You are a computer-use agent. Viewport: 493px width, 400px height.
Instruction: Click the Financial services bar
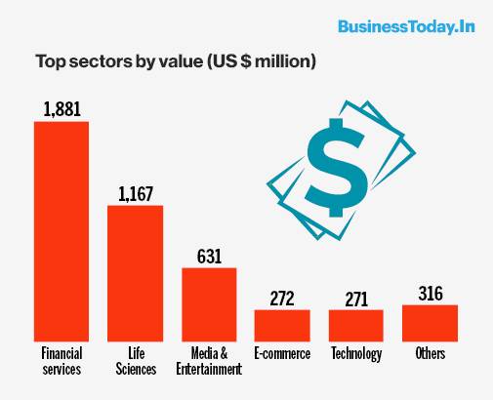pos(62,230)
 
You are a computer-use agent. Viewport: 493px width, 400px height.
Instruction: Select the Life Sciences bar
pos(135,272)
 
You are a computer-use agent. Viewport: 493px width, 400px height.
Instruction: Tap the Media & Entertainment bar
pos(209,303)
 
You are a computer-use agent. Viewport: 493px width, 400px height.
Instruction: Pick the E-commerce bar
pos(282,324)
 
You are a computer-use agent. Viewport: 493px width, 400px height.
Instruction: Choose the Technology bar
pos(355,324)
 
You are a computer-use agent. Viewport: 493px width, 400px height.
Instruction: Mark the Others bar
pos(430,322)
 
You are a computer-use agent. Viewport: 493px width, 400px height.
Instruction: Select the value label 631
pos(209,256)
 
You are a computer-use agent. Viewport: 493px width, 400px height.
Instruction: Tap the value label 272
pos(282,298)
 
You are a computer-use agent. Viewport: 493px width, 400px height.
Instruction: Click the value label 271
pos(355,298)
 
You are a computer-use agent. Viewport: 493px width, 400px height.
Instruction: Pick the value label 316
pos(430,293)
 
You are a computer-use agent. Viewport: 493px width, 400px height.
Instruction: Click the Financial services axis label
pos(62,361)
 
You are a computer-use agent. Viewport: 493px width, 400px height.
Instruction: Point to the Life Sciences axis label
pos(135,361)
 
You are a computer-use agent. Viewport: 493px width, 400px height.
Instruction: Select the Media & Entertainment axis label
pos(209,361)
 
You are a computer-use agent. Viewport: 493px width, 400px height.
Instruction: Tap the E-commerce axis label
pos(282,353)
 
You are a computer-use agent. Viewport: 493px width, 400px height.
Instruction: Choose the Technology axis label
pos(355,353)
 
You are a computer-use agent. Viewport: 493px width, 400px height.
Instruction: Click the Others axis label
pos(430,353)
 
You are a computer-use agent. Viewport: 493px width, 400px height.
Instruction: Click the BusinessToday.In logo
pos(405,26)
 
